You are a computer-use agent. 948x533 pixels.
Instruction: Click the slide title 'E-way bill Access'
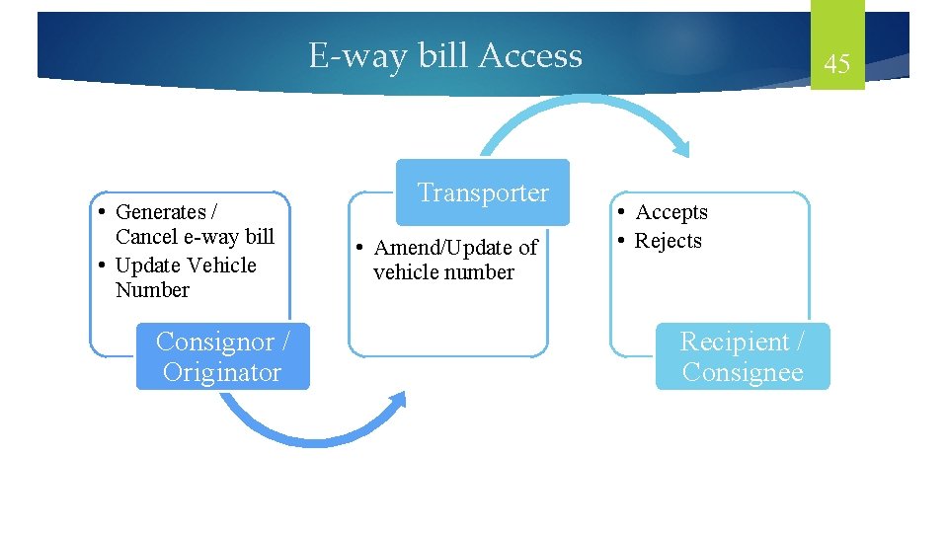[x=445, y=55]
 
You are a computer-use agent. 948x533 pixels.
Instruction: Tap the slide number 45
[x=836, y=65]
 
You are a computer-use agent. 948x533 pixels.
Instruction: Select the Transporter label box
[x=483, y=192]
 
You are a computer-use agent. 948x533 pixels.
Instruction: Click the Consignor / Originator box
[x=222, y=356]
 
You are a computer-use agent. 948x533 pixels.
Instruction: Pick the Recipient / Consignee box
[x=743, y=356]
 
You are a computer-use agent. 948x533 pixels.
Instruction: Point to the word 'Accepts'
[x=671, y=212]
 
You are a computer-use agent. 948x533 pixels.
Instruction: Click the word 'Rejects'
[x=669, y=241]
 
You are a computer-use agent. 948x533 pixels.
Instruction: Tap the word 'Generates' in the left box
[x=160, y=212]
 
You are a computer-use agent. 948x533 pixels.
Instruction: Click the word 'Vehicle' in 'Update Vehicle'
[x=220, y=266]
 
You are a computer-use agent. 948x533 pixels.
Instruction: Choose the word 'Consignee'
[x=743, y=372]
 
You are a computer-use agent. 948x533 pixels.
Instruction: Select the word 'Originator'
[x=222, y=372]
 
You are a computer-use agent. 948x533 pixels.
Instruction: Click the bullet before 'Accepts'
[x=622, y=213]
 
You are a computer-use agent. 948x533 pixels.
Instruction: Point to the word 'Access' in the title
[x=530, y=55]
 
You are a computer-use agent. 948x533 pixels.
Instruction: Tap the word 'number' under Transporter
[x=483, y=272]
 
